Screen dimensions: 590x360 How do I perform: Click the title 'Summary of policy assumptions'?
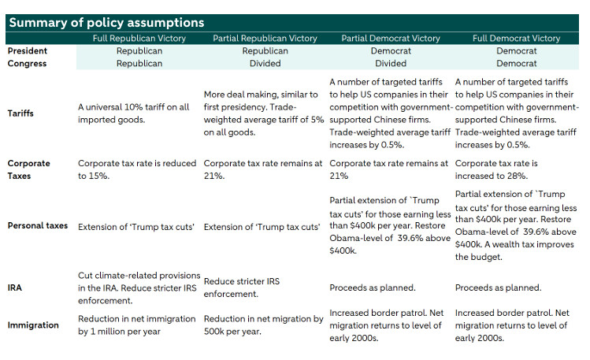[106, 23]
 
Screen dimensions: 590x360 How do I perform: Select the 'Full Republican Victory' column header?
[139, 39]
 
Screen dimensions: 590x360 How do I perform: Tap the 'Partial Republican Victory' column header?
[265, 39]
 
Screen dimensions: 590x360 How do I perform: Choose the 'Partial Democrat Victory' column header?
[391, 39]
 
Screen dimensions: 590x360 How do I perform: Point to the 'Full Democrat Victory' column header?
[516, 39]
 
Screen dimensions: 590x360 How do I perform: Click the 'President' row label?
[27, 50]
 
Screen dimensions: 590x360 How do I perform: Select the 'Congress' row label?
[27, 64]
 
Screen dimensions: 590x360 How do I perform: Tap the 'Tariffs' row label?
[20, 113]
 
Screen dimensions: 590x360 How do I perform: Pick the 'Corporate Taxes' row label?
[28, 169]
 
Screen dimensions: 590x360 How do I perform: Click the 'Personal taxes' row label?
[38, 226]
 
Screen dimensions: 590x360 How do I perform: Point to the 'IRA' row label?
[15, 288]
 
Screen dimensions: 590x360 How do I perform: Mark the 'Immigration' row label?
[33, 325]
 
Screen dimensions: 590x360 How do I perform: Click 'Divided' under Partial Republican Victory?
[265, 64]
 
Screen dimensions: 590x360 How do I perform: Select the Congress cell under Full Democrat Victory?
[516, 64]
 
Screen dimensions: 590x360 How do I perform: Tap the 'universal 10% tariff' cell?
[134, 113]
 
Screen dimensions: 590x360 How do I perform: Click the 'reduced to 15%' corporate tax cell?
[137, 169]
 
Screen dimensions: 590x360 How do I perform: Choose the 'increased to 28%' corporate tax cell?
[496, 169]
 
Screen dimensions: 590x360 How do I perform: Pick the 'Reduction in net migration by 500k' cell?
[263, 325]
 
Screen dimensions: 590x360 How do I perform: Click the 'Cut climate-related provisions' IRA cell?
[139, 288]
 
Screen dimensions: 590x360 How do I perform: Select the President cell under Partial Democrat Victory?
[391, 50]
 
